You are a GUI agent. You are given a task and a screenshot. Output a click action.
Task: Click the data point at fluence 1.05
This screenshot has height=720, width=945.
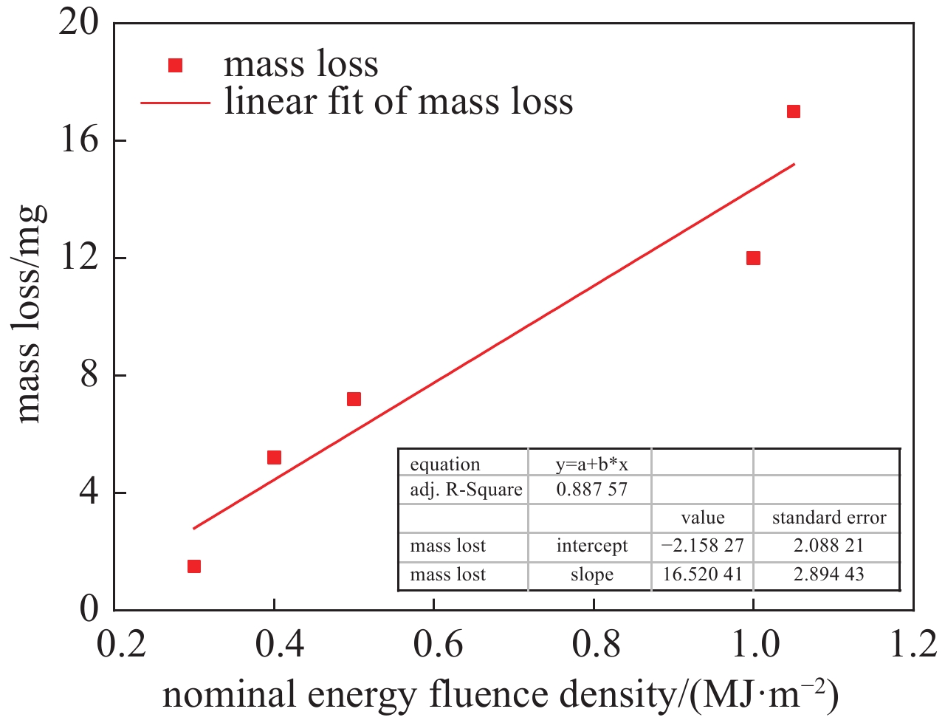(793, 112)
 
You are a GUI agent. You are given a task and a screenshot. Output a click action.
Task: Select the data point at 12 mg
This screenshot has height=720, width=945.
(753, 258)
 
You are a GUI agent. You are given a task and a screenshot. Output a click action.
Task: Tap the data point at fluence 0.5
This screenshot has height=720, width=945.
(354, 399)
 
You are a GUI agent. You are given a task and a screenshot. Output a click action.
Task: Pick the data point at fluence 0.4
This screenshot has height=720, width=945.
(274, 457)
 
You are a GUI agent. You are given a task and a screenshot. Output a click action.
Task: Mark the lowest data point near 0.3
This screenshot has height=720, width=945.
(194, 566)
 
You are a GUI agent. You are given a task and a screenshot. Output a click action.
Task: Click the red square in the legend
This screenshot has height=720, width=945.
(175, 66)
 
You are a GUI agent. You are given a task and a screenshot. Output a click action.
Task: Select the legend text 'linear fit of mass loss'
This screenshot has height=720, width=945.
(399, 101)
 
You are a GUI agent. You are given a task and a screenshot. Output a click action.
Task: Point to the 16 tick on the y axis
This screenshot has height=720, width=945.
(79, 140)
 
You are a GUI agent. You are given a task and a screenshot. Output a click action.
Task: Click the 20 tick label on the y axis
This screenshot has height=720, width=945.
(79, 23)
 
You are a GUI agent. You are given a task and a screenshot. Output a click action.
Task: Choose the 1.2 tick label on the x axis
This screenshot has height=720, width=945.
(913, 644)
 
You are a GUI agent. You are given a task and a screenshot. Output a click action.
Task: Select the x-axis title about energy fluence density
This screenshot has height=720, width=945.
(500, 695)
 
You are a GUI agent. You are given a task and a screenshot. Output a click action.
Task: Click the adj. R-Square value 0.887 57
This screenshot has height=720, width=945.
(591, 489)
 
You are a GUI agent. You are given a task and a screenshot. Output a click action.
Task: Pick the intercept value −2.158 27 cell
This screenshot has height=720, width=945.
(702, 546)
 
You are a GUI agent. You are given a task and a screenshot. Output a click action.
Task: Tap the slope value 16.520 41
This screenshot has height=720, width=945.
(702, 575)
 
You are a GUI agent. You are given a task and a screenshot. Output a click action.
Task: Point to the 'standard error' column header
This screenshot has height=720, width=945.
(828, 518)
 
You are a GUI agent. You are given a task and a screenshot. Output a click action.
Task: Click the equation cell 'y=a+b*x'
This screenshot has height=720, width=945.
(591, 464)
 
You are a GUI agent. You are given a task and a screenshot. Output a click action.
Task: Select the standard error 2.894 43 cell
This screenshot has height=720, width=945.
(828, 575)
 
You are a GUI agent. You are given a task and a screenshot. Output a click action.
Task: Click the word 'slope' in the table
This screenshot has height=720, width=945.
(591, 575)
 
